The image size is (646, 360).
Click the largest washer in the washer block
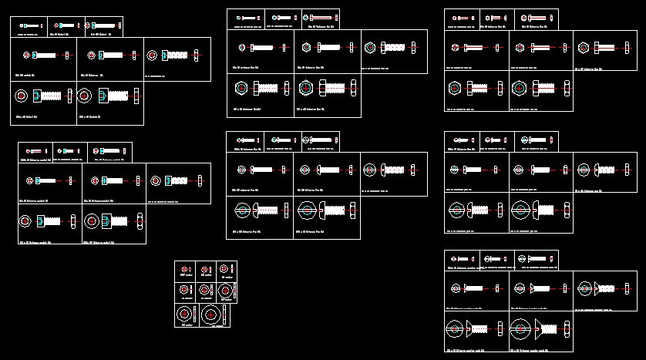212,315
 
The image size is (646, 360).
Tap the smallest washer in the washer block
186,269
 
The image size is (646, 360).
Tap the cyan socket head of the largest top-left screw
103,96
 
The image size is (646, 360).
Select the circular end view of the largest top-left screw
84,96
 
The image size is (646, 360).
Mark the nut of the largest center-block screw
354,210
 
